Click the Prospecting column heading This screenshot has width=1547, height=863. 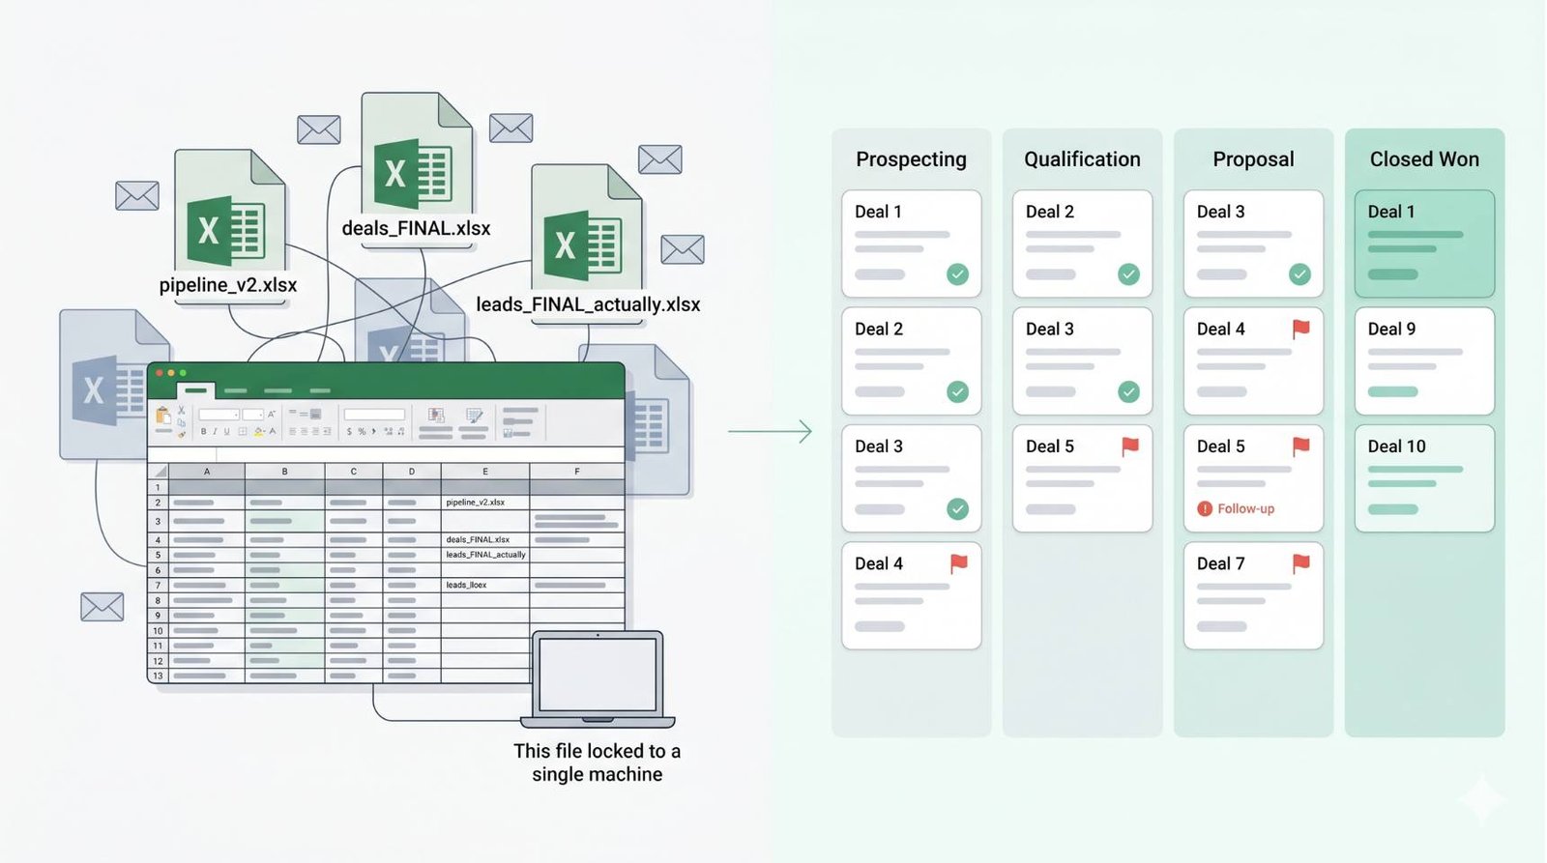point(911,159)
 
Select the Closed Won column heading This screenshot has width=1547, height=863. point(1424,159)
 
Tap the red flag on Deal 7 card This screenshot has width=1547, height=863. point(1301,562)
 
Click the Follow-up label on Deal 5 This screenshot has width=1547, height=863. point(1245,509)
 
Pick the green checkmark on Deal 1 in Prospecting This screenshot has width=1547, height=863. point(957,274)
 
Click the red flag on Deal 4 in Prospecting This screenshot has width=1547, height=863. point(958,562)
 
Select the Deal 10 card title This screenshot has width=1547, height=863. point(1396,446)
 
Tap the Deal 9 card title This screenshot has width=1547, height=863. point(1391,330)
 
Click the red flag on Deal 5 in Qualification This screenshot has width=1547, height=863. point(1129,446)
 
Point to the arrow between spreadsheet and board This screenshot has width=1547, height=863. point(770,431)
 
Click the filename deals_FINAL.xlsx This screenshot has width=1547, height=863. point(416,229)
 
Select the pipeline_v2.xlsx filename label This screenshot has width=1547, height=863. point(228,286)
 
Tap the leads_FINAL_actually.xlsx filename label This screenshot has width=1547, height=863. point(588,305)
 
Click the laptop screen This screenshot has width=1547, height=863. point(598,675)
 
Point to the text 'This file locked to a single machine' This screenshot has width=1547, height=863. point(597,762)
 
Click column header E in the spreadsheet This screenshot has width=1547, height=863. point(484,472)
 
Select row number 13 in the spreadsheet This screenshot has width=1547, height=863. point(158,676)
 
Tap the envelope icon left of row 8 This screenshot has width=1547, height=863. point(102,607)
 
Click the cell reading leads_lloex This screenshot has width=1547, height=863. point(466,586)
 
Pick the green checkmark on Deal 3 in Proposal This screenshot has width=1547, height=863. point(1299,274)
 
